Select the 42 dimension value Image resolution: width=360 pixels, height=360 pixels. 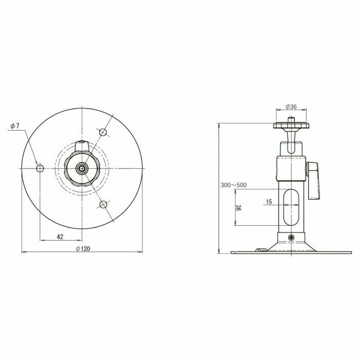click(x=60, y=237)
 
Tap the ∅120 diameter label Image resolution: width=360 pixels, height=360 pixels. click(x=83, y=248)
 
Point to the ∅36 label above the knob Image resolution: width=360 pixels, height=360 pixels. click(x=291, y=107)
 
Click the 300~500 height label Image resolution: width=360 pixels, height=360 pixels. click(x=233, y=185)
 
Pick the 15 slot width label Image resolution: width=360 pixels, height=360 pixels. click(x=269, y=202)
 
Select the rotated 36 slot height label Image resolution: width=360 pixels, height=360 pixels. click(x=239, y=208)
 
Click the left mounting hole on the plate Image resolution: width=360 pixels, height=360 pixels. click(x=40, y=168)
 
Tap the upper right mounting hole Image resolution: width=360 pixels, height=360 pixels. click(x=103, y=132)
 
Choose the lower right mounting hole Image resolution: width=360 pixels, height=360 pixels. click(x=103, y=204)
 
